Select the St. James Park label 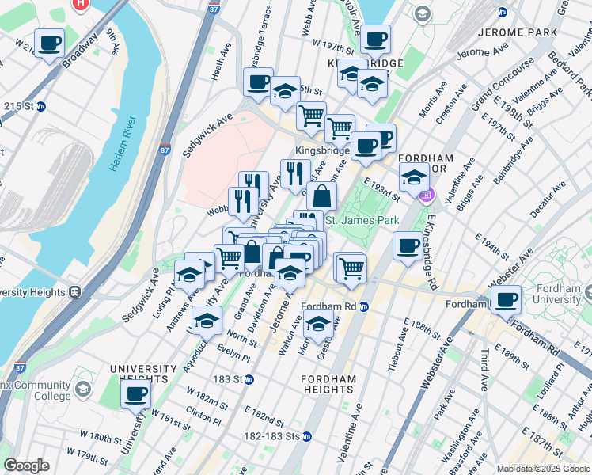[x=359, y=219]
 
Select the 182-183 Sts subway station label [x=277, y=436]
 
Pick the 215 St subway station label [x=21, y=105]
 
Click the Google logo [x=26, y=465]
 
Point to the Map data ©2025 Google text [x=542, y=469]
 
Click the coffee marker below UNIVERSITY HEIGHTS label [x=135, y=393]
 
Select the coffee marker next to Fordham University [x=506, y=299]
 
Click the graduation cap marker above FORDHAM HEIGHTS [x=318, y=324]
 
